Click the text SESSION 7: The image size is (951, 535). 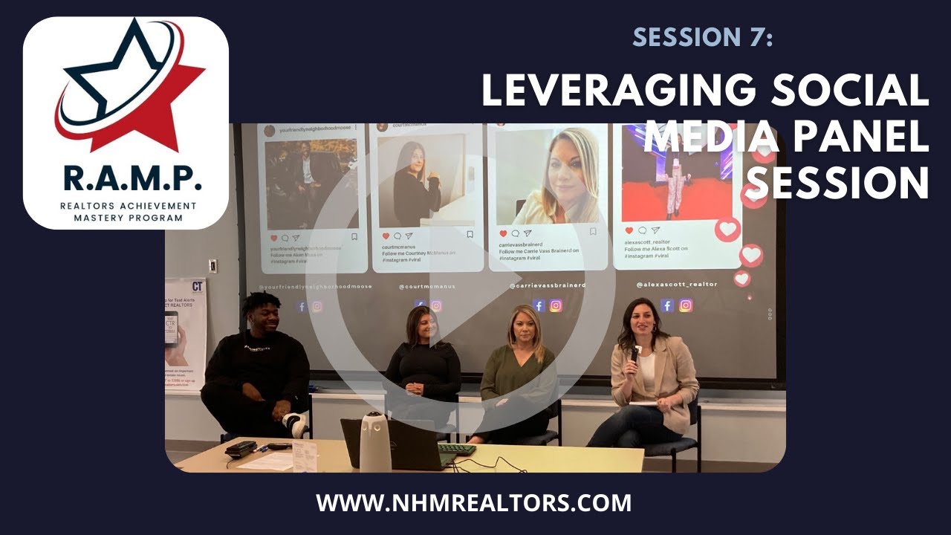(703, 38)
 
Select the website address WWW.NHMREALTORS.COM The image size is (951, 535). (474, 503)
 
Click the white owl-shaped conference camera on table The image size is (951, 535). (375, 442)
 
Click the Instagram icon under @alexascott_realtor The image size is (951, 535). (686, 305)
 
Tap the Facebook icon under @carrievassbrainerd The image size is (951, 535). (539, 305)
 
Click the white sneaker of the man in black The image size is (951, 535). (296, 424)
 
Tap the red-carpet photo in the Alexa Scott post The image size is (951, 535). (669, 178)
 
